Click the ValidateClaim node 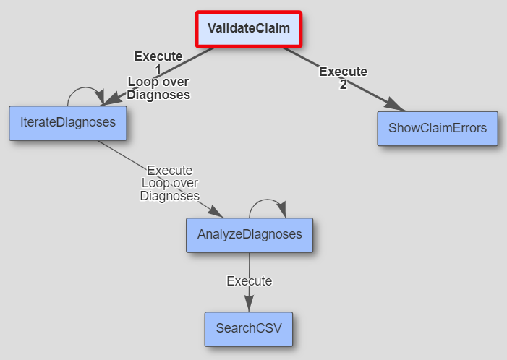click(x=248, y=28)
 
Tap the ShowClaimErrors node click(x=438, y=129)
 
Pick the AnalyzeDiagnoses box click(x=250, y=235)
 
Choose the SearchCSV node click(x=248, y=329)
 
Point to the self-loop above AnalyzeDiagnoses click(x=268, y=201)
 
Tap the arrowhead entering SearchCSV click(x=249, y=306)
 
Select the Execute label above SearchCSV click(x=249, y=281)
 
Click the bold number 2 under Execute click(x=343, y=84)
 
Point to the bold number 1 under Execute click(x=158, y=69)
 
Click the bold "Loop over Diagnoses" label click(x=158, y=88)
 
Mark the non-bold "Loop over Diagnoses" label click(x=170, y=189)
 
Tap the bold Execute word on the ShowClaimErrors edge click(x=343, y=72)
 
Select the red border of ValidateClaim click(x=248, y=13)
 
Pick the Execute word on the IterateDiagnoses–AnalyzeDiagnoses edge click(x=170, y=171)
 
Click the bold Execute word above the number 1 click(x=158, y=56)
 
